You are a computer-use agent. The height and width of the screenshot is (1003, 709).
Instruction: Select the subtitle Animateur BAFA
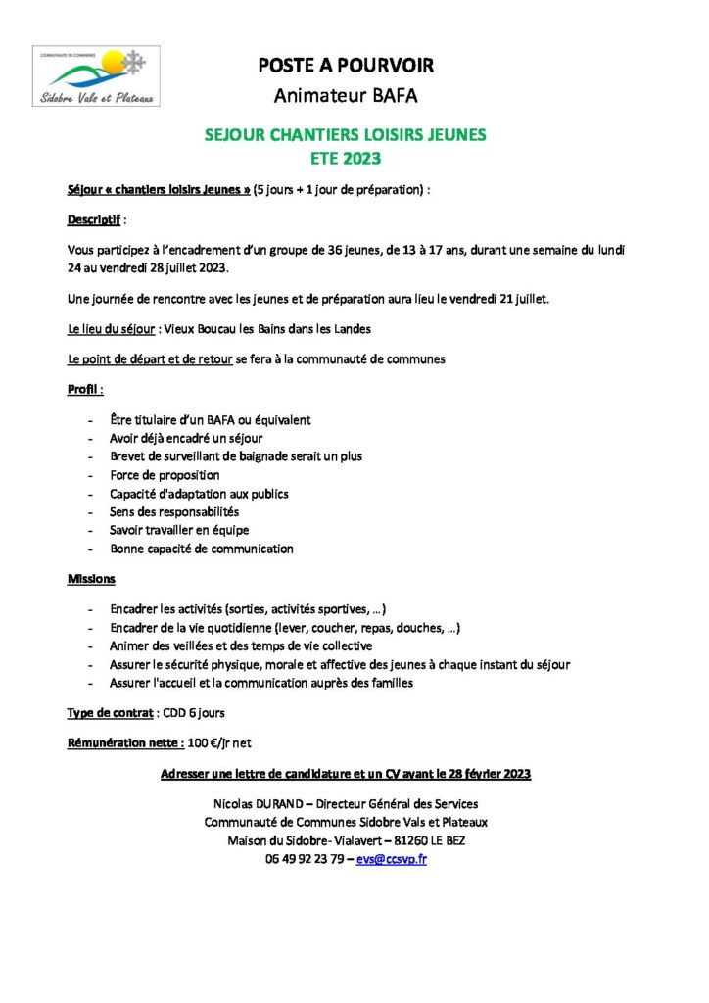pyautogui.click(x=345, y=95)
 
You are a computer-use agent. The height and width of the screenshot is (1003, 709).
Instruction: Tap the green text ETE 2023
pyautogui.click(x=345, y=157)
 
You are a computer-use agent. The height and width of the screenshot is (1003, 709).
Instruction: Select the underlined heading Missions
pyautogui.click(x=91, y=579)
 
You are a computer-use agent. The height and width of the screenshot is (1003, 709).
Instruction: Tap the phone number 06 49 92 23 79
pyautogui.click(x=305, y=858)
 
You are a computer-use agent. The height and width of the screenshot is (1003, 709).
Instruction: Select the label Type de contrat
pyautogui.click(x=111, y=712)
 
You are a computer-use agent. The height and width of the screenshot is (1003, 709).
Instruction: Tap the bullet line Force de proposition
pyautogui.click(x=165, y=475)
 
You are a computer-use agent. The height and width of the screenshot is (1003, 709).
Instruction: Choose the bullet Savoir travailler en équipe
pyautogui.click(x=179, y=530)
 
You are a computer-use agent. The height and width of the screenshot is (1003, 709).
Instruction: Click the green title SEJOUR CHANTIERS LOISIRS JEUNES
pyautogui.click(x=345, y=136)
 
